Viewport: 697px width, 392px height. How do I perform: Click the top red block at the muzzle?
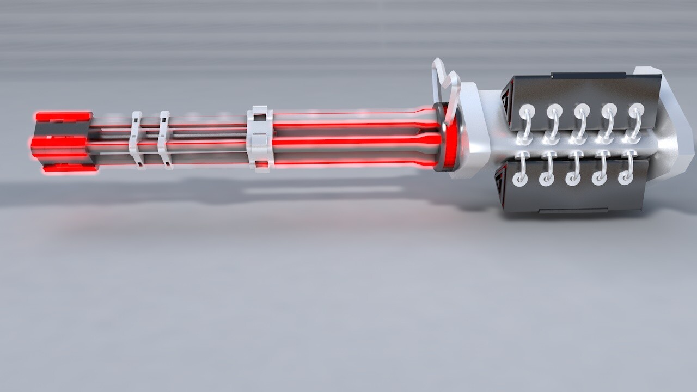(x=63, y=117)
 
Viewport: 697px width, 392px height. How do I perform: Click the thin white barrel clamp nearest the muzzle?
(x=136, y=140)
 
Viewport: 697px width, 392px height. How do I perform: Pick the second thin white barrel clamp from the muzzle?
(x=164, y=140)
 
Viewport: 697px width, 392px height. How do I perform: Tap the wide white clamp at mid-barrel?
(x=260, y=138)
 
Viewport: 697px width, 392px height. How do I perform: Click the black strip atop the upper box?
(x=588, y=75)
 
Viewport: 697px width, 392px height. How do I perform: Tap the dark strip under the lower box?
(x=574, y=210)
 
